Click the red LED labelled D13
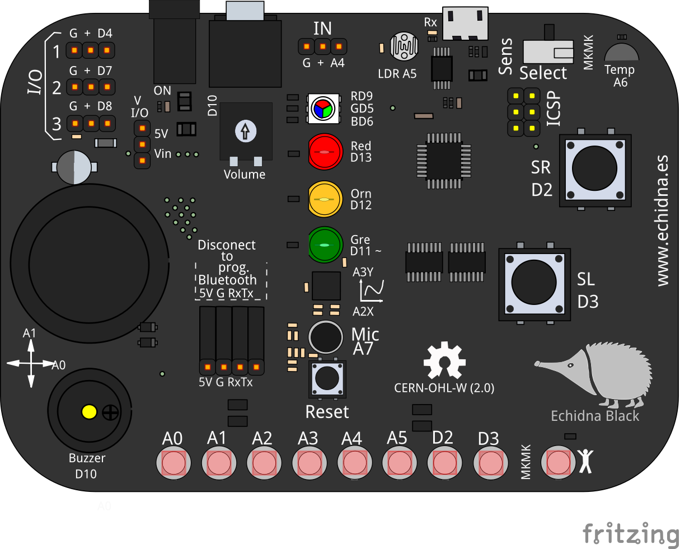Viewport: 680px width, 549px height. coord(325,152)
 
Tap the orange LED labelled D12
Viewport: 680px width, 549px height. coord(325,199)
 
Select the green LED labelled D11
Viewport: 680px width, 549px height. coord(325,245)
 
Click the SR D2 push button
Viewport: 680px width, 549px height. coord(595,168)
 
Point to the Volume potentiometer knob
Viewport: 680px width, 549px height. coord(245,131)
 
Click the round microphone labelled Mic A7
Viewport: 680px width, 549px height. coord(325,337)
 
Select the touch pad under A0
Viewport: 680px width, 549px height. coord(173,463)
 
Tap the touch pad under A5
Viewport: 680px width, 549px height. coord(399,463)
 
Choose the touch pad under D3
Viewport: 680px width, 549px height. coord(490,463)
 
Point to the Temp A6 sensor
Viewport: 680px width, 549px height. coord(621,52)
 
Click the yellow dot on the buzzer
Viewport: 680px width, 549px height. coord(89,412)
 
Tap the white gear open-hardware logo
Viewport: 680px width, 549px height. coord(444,361)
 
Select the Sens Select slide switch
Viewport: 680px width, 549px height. coord(548,52)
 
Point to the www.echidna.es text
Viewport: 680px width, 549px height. coord(663,220)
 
